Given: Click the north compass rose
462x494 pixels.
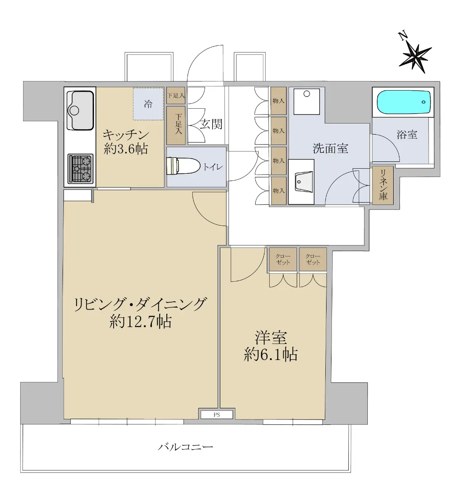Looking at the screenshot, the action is tap(415, 56).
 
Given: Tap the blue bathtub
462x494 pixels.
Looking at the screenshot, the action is tap(404, 102).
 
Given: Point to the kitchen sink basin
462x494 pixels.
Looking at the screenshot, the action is tap(80, 110).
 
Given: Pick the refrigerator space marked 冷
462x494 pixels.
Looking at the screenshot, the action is tap(148, 104).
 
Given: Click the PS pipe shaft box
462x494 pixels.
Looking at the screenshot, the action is tap(217, 415).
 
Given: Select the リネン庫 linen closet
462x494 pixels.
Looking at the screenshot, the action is tap(383, 185).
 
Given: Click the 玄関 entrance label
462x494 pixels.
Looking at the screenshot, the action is tap(211, 124).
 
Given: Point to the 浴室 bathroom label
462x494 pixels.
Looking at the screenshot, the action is tap(407, 135).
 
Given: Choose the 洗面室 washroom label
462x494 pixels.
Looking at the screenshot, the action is tap(330, 149).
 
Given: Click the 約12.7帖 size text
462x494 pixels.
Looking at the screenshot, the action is tap(141, 322).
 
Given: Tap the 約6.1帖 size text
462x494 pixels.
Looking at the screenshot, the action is tap(271, 354).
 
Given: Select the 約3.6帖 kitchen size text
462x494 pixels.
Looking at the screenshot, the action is tap(126, 149).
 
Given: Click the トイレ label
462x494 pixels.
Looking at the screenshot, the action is tap(213, 167).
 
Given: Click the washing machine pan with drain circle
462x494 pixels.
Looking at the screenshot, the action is tap(307, 102).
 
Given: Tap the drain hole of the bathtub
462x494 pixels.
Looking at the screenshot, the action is tap(423, 102).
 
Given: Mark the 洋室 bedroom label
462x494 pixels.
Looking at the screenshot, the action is tap(271, 338).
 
